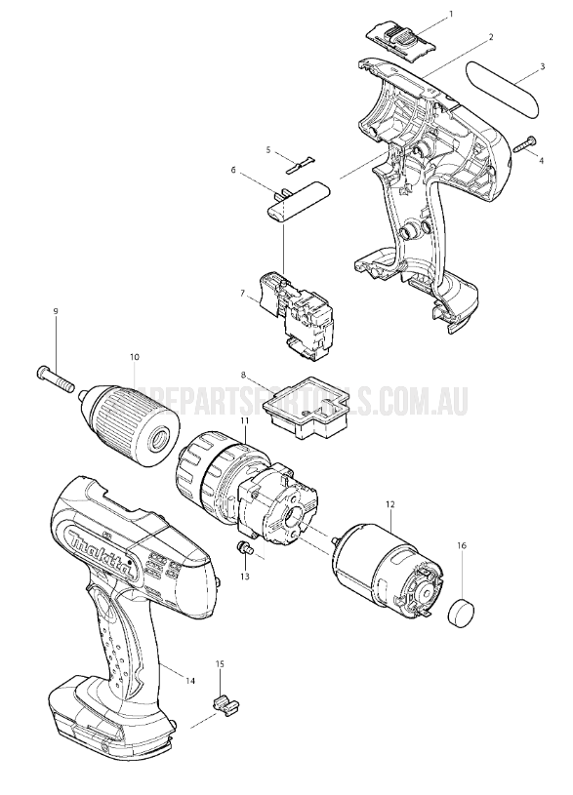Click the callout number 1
[451, 15]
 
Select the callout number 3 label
[541, 68]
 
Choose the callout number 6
[234, 170]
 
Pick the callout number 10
[134, 357]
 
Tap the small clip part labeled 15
[225, 702]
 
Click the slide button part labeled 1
[400, 36]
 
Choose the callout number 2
[490, 37]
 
